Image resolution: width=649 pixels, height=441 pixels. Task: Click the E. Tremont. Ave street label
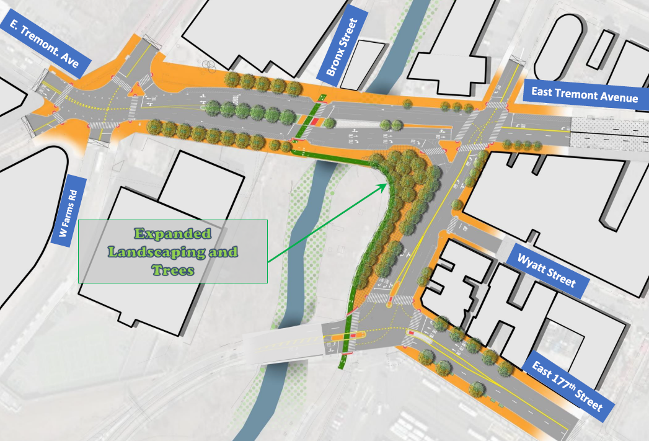tap(47, 43)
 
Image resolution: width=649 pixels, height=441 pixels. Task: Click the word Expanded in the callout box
tap(173, 234)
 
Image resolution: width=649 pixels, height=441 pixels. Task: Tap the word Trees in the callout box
tap(173, 270)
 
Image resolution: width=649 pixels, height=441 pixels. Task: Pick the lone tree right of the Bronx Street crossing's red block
tap(330, 122)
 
